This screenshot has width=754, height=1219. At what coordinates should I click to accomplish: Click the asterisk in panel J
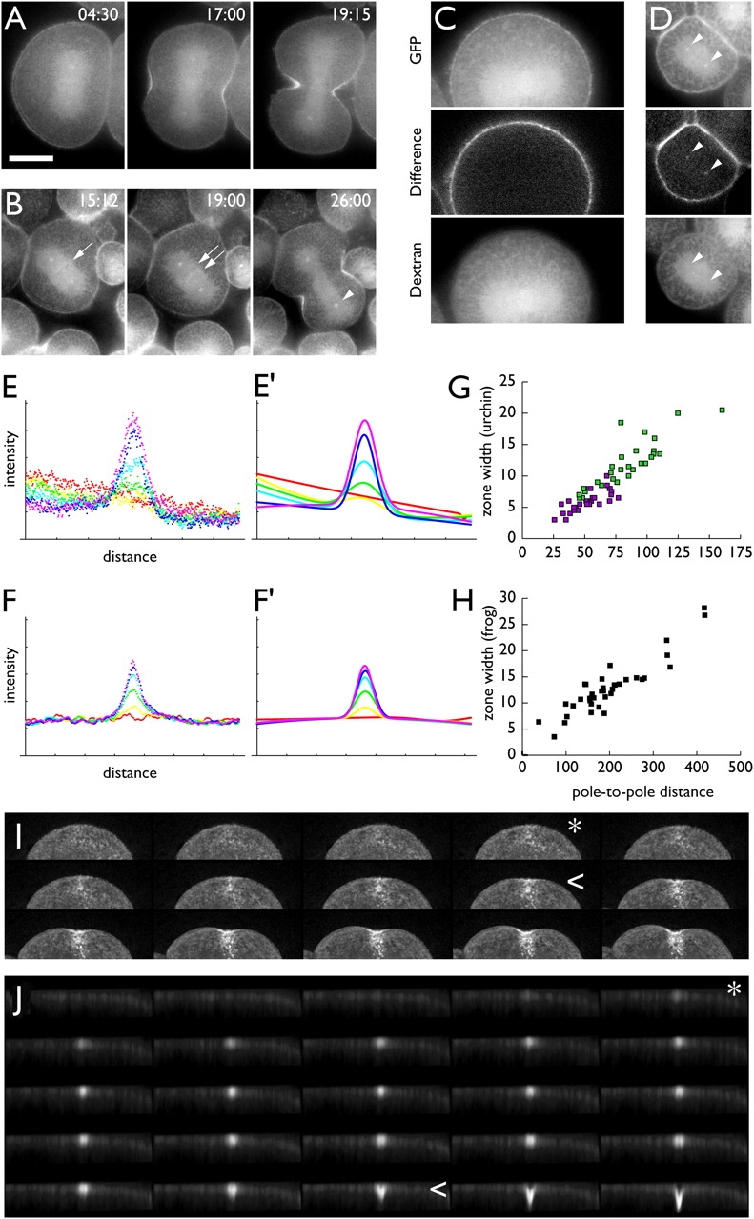tap(734, 989)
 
